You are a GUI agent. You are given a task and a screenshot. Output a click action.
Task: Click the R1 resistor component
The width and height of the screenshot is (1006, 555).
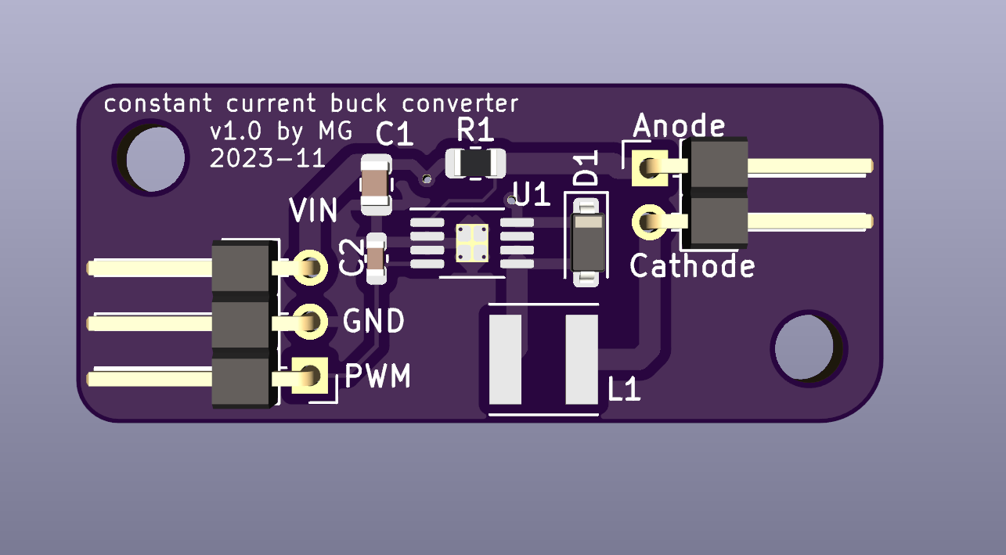point(475,163)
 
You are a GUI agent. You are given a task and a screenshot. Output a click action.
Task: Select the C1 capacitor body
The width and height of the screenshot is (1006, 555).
point(376,185)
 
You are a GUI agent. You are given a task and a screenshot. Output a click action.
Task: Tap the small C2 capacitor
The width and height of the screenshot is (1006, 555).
point(376,258)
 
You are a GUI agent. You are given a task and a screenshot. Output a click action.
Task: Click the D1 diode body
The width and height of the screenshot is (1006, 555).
point(587,241)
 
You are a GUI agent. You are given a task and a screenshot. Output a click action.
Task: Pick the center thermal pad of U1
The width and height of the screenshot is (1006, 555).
point(473,243)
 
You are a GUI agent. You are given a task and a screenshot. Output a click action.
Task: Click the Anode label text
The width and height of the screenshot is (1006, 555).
point(679,125)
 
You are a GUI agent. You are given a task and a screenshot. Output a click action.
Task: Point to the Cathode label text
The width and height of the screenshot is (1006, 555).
point(692,266)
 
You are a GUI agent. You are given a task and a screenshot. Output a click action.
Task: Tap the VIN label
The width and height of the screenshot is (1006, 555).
point(314,211)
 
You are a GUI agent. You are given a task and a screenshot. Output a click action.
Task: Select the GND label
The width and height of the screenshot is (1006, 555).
point(374,321)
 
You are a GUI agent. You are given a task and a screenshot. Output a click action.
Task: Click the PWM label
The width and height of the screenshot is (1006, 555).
point(378,377)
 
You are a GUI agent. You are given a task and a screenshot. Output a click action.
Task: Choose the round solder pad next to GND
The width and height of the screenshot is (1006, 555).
point(311,321)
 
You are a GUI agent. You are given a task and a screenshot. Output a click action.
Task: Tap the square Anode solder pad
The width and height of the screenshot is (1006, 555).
point(649,167)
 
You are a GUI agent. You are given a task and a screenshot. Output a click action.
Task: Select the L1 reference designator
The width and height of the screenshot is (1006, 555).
point(625,390)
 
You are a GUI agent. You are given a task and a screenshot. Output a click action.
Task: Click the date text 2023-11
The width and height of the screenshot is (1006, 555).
point(267,159)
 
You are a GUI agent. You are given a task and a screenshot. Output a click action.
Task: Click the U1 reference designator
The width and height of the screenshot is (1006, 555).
point(532,194)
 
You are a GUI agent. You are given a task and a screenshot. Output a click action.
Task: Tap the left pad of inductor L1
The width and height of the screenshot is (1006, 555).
point(505,358)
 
